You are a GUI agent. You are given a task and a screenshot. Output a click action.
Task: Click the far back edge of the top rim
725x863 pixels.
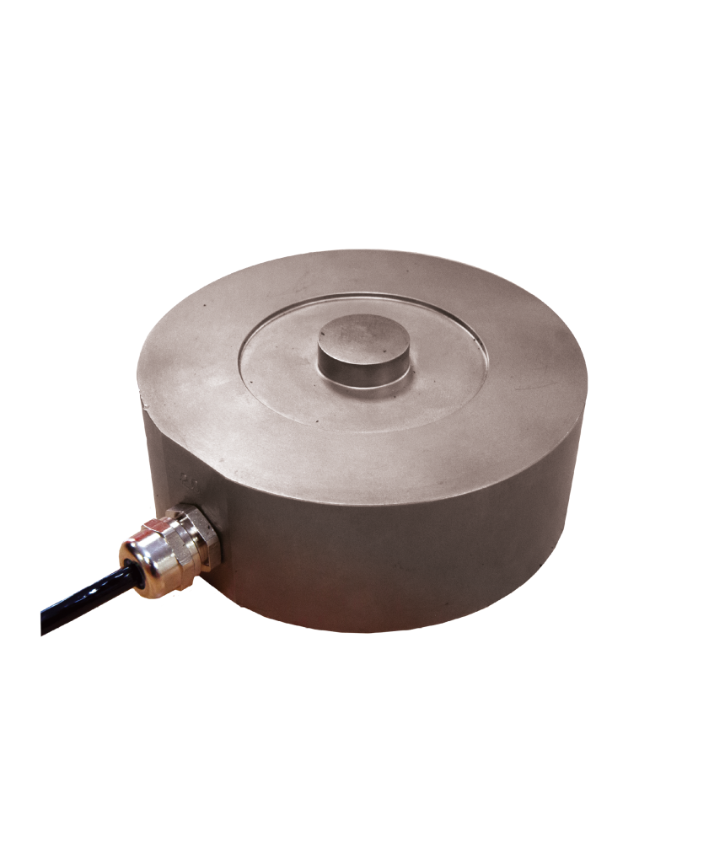pos(362,250)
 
